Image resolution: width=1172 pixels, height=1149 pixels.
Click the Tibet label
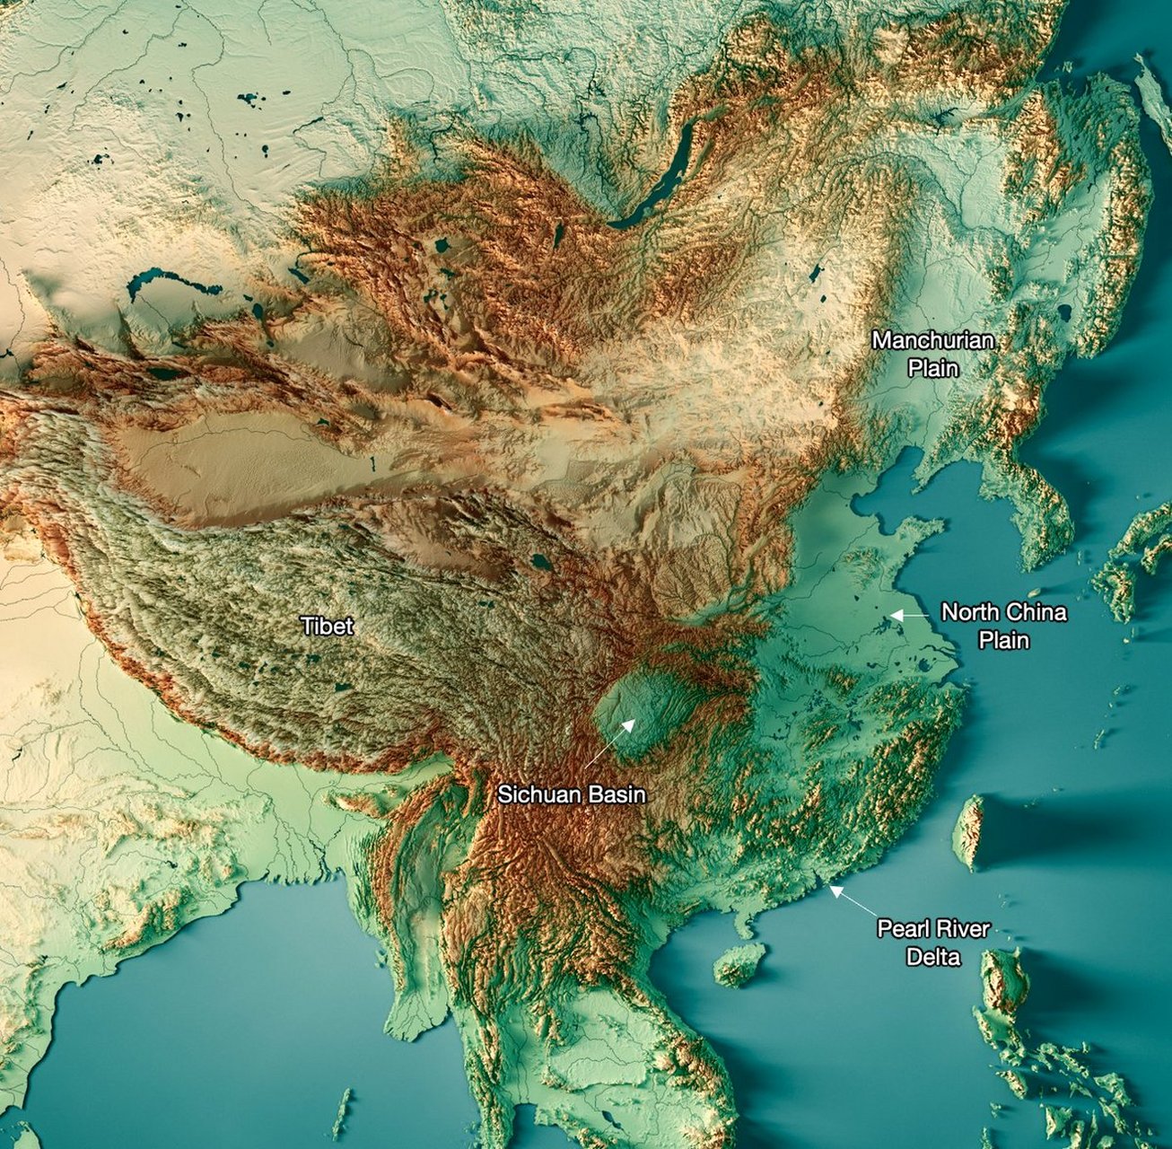[x=327, y=626]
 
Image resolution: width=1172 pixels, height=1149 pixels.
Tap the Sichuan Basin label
[x=572, y=794]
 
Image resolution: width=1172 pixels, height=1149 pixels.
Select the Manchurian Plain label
[x=933, y=354]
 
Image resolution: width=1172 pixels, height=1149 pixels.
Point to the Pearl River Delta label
[x=933, y=942]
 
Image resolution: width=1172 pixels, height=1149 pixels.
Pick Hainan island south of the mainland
[x=739, y=963]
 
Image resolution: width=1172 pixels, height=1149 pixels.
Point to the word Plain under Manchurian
[x=933, y=368]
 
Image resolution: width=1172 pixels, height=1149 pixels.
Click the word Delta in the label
[x=933, y=957]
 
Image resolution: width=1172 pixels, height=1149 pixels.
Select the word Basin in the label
[x=615, y=794]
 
